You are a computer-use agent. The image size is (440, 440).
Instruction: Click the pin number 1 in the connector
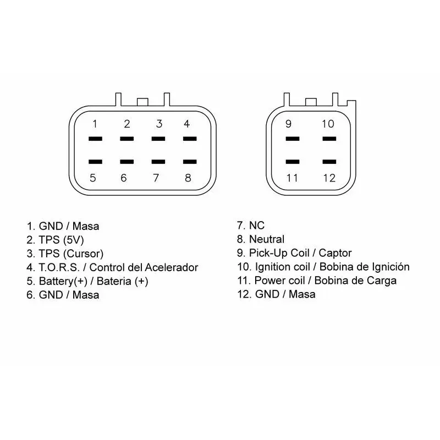coord(95,124)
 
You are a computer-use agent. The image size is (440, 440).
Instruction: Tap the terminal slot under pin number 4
coord(190,139)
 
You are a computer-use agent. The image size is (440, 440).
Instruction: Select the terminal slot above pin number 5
coord(95,162)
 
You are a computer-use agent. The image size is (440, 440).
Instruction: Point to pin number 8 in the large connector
coord(188,178)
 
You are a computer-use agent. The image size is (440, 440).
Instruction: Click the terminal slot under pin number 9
coord(293,139)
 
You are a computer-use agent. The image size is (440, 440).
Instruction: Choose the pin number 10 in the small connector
coord(328,124)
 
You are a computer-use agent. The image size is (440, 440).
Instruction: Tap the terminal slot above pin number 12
coord(329,162)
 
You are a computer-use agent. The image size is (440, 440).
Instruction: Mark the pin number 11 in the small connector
coord(292,178)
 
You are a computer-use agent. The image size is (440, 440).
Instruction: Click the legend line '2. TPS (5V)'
coord(56,240)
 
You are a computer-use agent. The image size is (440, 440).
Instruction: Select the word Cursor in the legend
coord(84,254)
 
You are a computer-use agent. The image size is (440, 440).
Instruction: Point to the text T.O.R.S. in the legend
coord(59,267)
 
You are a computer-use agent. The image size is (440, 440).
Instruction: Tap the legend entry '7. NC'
coord(251,226)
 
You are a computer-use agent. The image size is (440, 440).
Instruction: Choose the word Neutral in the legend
coord(267,239)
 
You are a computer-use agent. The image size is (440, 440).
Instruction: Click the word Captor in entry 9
coord(335,253)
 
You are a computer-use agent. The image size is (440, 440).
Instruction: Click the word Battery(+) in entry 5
coord(63,281)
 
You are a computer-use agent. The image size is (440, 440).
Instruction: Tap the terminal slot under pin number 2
coord(127,139)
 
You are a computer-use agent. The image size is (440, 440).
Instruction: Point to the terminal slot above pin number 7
coord(158,162)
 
